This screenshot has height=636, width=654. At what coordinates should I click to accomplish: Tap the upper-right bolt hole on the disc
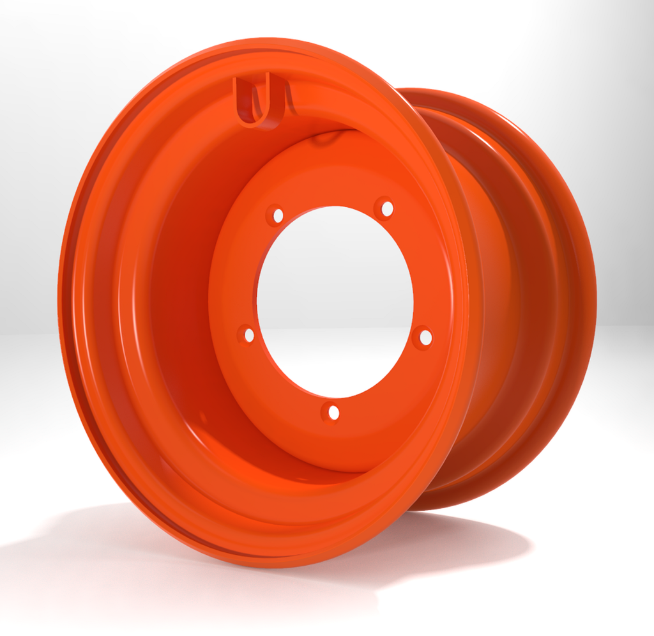(x=386, y=208)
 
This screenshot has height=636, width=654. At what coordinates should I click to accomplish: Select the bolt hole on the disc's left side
(x=248, y=335)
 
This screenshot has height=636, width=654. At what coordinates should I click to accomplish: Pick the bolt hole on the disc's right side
(x=425, y=337)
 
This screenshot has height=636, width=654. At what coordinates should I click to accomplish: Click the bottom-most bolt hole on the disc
(x=332, y=413)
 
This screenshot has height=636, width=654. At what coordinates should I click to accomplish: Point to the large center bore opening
(x=335, y=300)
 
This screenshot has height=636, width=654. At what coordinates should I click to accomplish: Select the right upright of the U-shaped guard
(x=281, y=96)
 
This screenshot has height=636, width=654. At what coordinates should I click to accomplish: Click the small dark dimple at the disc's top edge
(x=326, y=140)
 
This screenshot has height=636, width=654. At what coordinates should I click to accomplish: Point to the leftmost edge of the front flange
(x=61, y=300)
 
